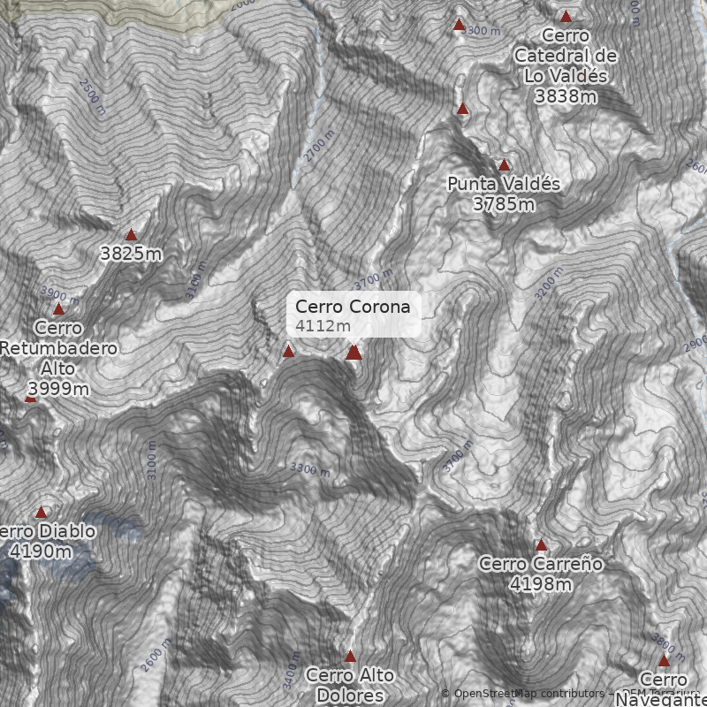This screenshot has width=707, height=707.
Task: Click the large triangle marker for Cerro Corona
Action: [x=353, y=353]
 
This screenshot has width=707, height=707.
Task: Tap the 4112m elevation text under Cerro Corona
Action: [x=323, y=327]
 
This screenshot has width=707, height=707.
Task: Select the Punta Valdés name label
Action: [x=504, y=184]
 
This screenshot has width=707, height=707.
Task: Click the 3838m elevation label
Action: [x=566, y=96]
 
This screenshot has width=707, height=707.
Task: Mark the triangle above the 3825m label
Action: [x=131, y=235]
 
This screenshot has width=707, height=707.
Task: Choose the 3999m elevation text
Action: [x=58, y=389]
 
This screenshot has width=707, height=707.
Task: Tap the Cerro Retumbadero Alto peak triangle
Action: [x=58, y=309]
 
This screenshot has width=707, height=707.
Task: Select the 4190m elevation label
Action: [x=41, y=551]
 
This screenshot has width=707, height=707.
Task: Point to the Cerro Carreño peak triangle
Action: [x=541, y=545]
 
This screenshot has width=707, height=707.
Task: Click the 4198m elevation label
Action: [x=541, y=584]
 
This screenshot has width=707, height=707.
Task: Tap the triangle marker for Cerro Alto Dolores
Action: [x=350, y=657]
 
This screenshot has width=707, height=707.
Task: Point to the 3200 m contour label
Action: [x=549, y=283]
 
